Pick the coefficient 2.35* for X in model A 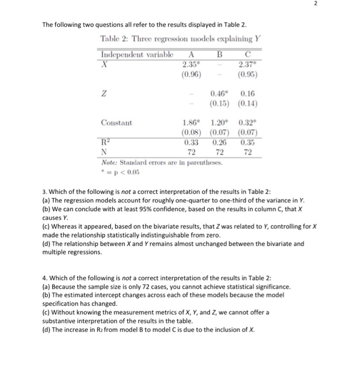point(188,64)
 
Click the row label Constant point(118,122)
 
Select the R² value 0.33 point(189,141)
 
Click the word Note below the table point(109,161)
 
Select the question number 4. point(44,278)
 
